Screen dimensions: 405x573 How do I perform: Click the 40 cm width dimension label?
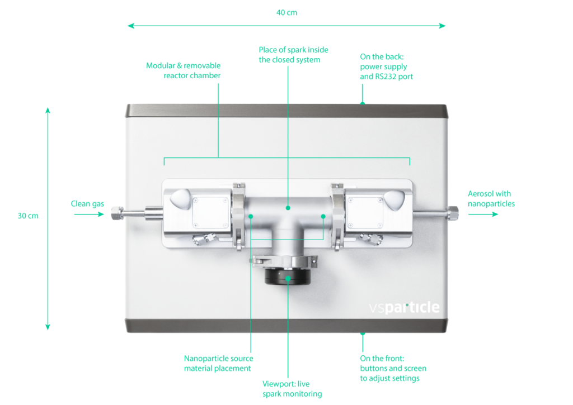coord(286,12)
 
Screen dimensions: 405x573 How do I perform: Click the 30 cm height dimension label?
coord(28,216)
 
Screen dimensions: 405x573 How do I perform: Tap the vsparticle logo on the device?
coord(404,307)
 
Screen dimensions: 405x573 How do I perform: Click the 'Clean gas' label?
coord(87,204)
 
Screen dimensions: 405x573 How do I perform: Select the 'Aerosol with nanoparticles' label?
coord(491,199)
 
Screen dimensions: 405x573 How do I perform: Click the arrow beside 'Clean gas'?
coord(89,214)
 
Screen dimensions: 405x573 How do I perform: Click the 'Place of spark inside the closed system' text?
coord(289,55)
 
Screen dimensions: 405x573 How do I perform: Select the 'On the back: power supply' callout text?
coord(387,66)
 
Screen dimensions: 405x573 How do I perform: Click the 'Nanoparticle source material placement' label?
coord(219,363)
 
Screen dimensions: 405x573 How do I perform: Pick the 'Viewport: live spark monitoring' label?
coord(292,389)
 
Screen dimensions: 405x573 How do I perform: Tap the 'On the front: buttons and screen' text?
coord(393,368)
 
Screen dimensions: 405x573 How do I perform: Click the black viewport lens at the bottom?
coord(287,278)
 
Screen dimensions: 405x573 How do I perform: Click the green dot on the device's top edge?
coord(363,103)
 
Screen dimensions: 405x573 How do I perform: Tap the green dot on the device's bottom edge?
coord(363,334)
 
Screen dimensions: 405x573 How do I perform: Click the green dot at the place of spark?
coord(288,208)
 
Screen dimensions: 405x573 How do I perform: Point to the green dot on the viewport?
coord(288,278)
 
